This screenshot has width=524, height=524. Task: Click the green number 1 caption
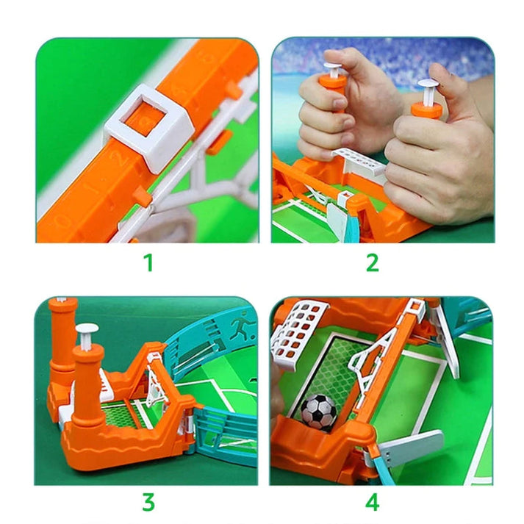[148, 262]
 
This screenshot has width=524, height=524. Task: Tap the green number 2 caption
[373, 262]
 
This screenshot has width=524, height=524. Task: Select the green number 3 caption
[148, 503]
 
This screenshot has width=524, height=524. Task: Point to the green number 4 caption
[373, 503]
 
